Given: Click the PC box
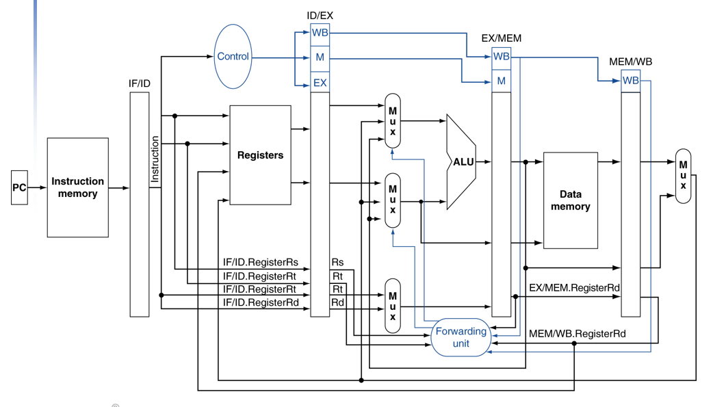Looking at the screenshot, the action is click(19, 187).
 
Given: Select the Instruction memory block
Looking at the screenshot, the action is click(78, 187).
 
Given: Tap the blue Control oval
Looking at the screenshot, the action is click(233, 56).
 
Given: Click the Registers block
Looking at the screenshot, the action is click(260, 155).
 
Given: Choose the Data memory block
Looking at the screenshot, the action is click(570, 200).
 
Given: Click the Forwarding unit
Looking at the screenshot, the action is click(461, 337).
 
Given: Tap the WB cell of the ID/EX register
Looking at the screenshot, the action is click(320, 33).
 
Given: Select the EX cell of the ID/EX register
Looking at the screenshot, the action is click(320, 83).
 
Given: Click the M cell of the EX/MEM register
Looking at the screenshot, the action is click(501, 81).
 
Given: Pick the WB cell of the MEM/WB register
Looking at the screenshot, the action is click(631, 81).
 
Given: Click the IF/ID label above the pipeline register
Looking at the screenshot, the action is click(139, 83).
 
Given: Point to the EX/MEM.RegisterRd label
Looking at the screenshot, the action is click(574, 288).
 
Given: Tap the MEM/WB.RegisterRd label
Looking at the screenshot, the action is click(577, 334).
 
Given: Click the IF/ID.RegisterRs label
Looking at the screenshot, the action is click(261, 263).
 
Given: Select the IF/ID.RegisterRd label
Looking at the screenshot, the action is click(261, 302).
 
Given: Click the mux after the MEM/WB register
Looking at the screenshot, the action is click(683, 176).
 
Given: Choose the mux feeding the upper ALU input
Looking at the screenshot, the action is click(392, 121).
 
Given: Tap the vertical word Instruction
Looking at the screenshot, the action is click(155, 159).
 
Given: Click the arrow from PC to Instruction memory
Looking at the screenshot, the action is click(37, 187).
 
